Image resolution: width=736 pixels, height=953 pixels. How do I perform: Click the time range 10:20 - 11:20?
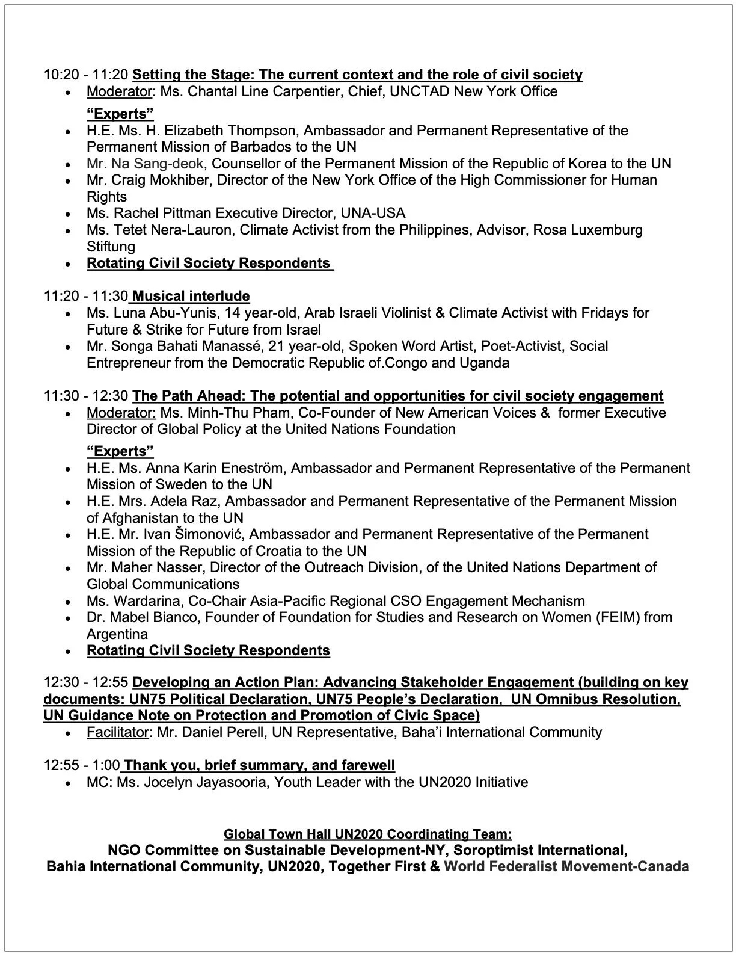coord(85,75)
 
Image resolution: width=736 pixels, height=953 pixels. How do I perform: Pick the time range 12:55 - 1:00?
coord(81,765)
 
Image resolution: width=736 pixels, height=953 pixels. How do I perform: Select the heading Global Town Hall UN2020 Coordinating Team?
coord(367,834)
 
